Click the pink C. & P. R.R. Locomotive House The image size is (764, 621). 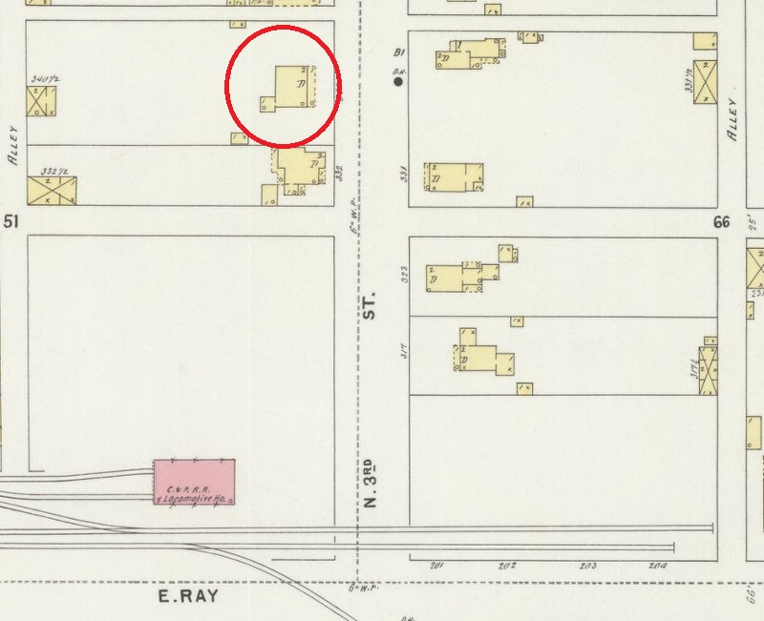(194, 482)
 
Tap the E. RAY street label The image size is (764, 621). (188, 597)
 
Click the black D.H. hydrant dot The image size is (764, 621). (399, 82)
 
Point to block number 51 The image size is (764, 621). (12, 221)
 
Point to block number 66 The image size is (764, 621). (720, 221)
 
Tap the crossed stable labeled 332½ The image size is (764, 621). (52, 189)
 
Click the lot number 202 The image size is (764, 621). (506, 566)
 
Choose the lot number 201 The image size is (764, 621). (437, 566)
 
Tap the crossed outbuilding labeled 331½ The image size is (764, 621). (706, 82)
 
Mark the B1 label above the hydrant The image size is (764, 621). (400, 52)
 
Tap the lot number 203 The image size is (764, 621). (588, 566)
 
